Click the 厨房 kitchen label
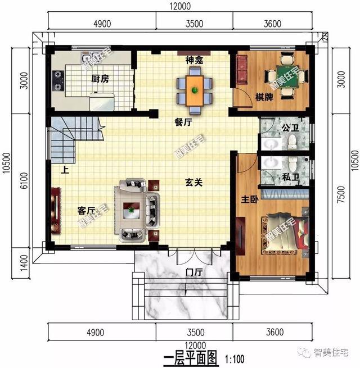100,79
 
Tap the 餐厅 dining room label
184,122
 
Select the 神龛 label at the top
195,60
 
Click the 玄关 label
195,182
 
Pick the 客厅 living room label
86,211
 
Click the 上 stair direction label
65,170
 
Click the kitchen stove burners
59,81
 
